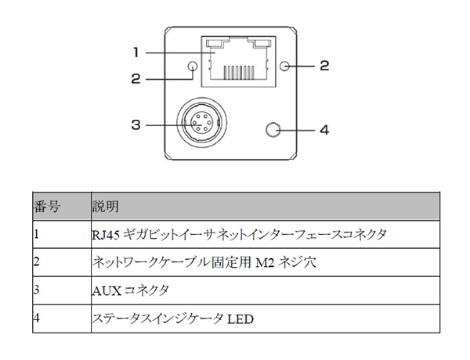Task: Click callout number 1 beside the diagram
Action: (x=136, y=52)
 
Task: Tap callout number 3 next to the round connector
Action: (x=136, y=124)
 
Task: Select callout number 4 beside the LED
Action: (x=324, y=130)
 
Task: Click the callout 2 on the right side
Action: (x=324, y=66)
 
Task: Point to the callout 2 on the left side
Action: (x=136, y=79)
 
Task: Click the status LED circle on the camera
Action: (x=273, y=130)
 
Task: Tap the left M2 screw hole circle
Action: (x=192, y=67)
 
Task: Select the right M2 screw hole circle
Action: (x=285, y=66)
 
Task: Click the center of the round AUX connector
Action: (x=201, y=123)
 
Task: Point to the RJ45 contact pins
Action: (x=239, y=70)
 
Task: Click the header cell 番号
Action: (x=47, y=207)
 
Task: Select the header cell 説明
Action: (x=106, y=207)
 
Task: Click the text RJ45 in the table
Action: (x=106, y=235)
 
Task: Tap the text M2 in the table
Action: (x=265, y=263)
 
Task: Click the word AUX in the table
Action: (x=107, y=291)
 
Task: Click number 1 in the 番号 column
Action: (x=36, y=234)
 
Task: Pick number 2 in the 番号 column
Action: (x=36, y=262)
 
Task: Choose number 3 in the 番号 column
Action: (x=36, y=290)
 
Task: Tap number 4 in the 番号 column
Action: (x=36, y=318)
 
